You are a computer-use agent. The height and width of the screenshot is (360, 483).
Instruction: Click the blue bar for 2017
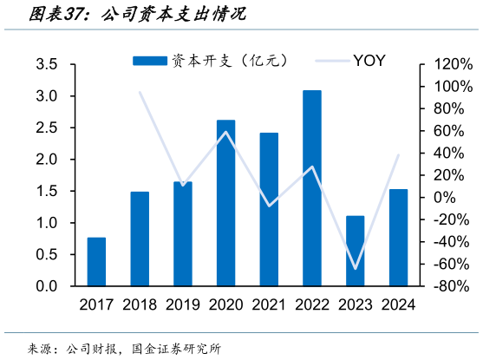(96, 262)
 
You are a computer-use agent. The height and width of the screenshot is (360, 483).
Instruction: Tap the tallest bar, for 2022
(312, 188)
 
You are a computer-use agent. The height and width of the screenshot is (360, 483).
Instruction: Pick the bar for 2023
(356, 252)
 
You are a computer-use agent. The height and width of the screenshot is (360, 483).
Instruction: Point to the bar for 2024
(399, 238)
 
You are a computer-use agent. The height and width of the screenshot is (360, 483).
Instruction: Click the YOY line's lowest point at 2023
(356, 268)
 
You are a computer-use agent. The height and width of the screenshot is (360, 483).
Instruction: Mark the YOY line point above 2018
(140, 92)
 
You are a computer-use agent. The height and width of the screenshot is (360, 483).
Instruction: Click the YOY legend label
(369, 60)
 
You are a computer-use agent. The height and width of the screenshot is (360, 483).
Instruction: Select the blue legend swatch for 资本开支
(149, 60)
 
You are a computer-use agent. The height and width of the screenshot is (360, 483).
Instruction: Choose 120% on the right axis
(451, 65)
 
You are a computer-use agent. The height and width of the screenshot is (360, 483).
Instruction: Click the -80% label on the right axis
(452, 286)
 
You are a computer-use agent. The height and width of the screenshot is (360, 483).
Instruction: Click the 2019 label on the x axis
(182, 304)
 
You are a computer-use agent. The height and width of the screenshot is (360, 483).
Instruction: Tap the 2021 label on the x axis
(269, 304)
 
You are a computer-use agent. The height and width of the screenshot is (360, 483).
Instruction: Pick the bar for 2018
(140, 239)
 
